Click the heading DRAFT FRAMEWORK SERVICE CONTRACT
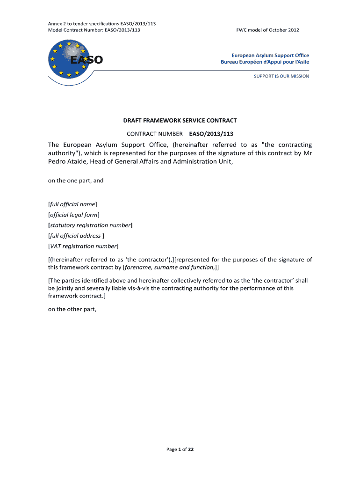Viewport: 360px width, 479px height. tap(180, 120)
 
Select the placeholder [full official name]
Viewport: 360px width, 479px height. tap(72, 204)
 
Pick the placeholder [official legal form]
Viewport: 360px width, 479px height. tap(74, 215)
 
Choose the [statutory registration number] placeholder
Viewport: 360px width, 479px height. tap(91, 225)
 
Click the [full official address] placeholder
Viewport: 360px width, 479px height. tap(76, 236)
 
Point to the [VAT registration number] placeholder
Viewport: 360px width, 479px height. tap(84, 246)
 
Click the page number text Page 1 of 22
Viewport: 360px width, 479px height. tap(180, 450)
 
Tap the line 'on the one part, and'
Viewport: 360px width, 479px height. tap(76, 180)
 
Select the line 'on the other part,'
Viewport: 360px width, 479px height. tap(72, 309)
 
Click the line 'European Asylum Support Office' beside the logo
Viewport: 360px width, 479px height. tap(265, 55)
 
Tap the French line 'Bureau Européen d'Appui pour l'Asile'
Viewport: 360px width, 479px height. tap(265, 62)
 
